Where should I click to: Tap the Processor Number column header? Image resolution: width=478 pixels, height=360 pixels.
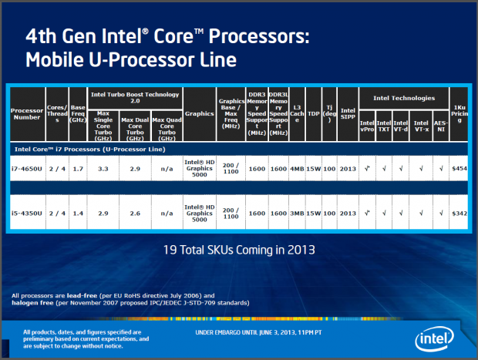click(27, 115)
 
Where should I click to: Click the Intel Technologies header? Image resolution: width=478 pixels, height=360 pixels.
click(402, 99)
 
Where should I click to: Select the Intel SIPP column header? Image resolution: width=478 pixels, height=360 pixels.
click(348, 115)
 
